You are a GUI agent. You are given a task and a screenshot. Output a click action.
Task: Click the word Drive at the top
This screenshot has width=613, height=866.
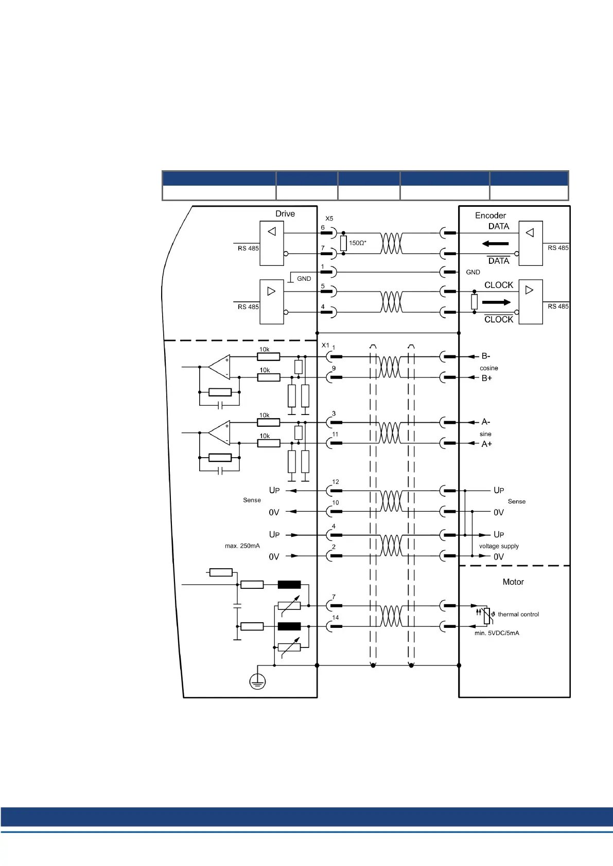[285, 214]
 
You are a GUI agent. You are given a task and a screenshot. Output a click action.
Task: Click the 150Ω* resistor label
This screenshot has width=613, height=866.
[358, 243]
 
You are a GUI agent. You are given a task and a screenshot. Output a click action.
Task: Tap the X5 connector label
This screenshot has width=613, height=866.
[329, 219]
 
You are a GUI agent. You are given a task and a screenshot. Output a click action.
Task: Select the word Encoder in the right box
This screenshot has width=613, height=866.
[490, 215]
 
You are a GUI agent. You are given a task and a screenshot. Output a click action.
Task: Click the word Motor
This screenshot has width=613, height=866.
[513, 582]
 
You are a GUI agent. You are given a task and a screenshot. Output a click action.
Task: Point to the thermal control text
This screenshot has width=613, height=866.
[518, 615]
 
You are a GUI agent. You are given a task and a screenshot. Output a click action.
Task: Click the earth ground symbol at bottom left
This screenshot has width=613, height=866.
[257, 682]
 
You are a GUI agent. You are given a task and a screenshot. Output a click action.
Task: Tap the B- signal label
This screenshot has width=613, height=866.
[486, 356]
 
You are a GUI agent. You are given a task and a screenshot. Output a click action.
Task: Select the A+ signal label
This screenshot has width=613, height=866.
[486, 444]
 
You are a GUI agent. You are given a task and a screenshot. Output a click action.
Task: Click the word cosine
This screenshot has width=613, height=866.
[489, 368]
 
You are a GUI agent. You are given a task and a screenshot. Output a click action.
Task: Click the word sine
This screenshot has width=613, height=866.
[485, 434]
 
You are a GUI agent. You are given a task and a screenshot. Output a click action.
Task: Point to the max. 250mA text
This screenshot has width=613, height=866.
[242, 546]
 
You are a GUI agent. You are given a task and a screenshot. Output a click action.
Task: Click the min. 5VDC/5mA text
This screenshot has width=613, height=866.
[497, 633]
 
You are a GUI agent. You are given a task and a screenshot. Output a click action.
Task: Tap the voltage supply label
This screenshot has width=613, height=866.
[499, 546]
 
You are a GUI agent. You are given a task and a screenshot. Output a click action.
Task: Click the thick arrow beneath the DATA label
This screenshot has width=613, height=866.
[495, 244]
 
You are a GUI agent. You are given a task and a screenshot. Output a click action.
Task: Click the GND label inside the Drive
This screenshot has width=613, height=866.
[304, 279]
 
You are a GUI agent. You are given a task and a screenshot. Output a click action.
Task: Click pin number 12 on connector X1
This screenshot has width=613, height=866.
[336, 482]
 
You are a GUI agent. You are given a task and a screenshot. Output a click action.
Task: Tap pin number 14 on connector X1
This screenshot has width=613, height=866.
[336, 618]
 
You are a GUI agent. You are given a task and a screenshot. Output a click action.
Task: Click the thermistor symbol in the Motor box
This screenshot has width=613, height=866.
[486, 615]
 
